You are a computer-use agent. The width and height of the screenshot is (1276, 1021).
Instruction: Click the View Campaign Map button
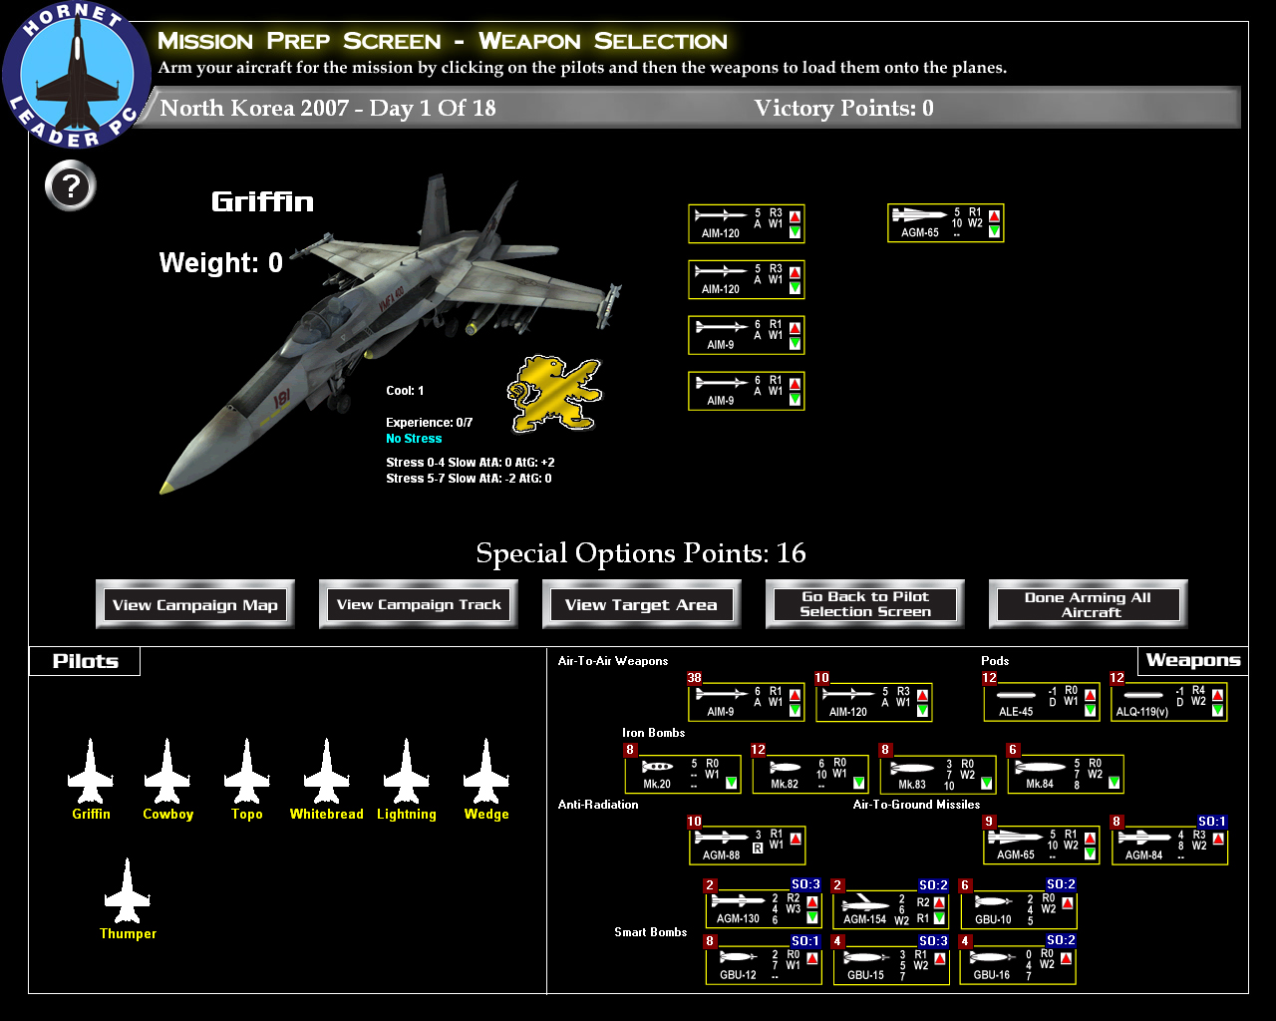pos(195,604)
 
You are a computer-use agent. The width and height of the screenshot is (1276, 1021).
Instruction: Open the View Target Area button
pos(641,604)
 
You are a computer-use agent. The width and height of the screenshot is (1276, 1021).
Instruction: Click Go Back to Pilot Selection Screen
pos(864,604)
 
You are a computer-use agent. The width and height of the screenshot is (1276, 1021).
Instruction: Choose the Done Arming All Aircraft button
pos(1088,604)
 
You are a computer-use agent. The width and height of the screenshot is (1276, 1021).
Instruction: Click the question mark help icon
pos(71,186)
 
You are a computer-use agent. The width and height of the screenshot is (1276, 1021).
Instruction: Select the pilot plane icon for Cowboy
pos(167,772)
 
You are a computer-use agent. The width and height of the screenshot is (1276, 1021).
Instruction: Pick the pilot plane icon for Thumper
pos(128,891)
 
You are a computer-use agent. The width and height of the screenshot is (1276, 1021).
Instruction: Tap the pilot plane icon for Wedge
pos(486,772)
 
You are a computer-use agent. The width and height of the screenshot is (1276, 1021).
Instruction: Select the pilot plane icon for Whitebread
pos(326,772)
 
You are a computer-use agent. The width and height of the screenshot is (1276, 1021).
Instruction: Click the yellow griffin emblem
pos(554,393)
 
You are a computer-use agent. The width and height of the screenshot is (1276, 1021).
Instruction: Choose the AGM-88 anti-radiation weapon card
pos(746,846)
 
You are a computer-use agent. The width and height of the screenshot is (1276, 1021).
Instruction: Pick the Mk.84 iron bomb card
pos(1065,774)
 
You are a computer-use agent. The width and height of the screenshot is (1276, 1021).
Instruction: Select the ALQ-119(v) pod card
pos(1168,702)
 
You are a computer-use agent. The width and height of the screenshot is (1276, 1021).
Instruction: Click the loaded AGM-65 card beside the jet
pos(945,223)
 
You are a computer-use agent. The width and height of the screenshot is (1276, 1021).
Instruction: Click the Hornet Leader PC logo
pos(77,76)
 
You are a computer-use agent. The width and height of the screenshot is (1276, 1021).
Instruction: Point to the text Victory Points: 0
pos(843,109)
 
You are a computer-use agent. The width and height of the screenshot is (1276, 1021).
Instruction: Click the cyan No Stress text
pos(414,439)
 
